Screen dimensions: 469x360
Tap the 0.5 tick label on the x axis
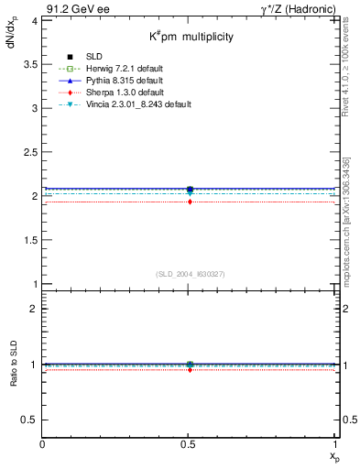point(189,443)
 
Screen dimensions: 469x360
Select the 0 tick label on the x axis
point(43,443)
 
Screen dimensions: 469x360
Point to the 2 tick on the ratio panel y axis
point(35,309)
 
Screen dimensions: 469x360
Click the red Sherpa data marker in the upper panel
point(190,202)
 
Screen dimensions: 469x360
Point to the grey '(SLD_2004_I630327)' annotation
point(190,274)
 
